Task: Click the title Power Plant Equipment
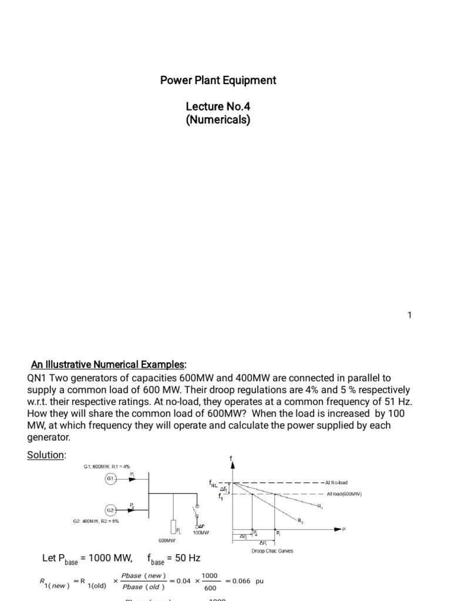[x=218, y=80]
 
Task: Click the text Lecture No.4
[x=218, y=107]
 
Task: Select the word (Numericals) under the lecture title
[x=218, y=120]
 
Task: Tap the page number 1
[x=410, y=315]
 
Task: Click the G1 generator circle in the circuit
[x=110, y=479]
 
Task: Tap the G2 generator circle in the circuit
[x=110, y=509]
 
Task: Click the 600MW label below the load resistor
[x=167, y=539]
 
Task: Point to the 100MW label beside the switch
[x=201, y=532]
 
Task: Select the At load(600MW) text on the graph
[x=344, y=494]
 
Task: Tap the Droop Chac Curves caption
[x=272, y=551]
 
